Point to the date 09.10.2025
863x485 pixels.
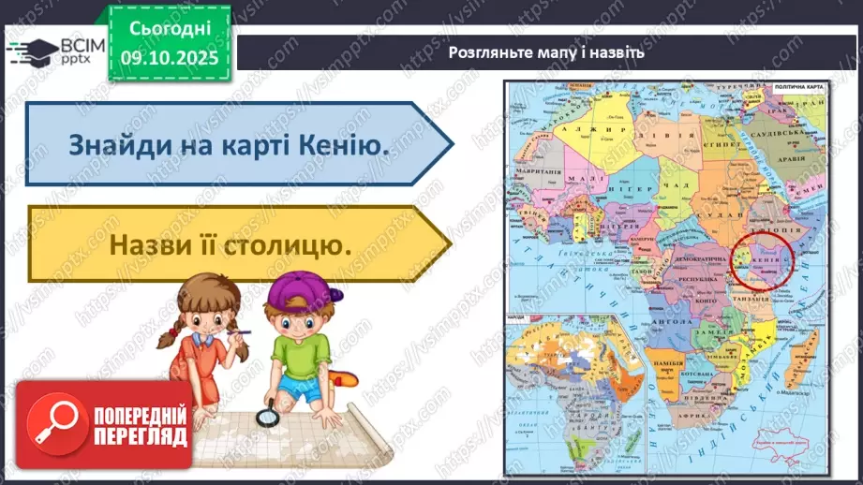click(170, 56)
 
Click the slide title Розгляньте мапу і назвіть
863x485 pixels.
click(546, 52)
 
